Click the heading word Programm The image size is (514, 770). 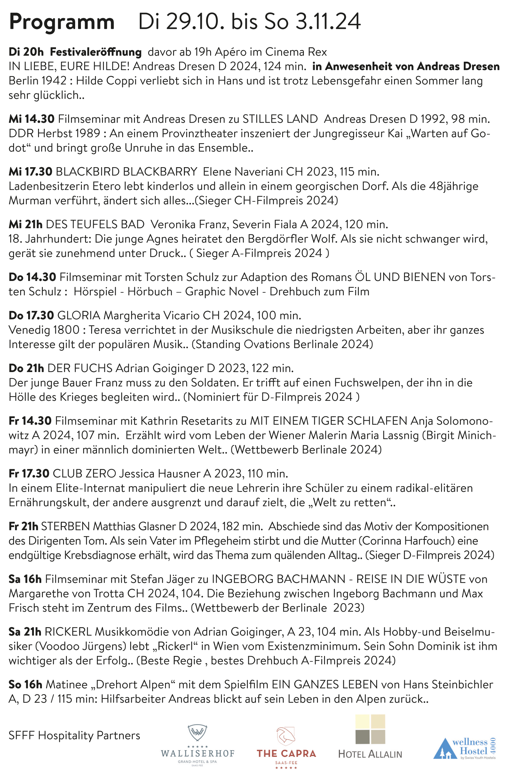pos(62,22)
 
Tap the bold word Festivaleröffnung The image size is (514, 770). pos(96,52)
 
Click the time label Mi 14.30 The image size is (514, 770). pos(31,119)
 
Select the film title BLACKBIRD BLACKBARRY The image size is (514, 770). pos(127,172)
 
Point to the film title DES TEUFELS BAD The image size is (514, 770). pos(95,224)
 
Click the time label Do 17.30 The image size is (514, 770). pos(31,315)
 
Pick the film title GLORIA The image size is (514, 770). pos(79,315)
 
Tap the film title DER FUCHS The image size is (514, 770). pos(80,368)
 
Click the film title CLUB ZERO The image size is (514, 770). pos(84,474)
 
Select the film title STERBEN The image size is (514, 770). pos(65,526)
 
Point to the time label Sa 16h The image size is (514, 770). pos(25,579)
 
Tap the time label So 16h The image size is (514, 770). pos(25,685)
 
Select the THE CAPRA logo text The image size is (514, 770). pos(286,753)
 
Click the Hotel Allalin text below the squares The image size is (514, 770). pos(370,754)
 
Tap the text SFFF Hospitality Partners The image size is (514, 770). pos(75,735)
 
